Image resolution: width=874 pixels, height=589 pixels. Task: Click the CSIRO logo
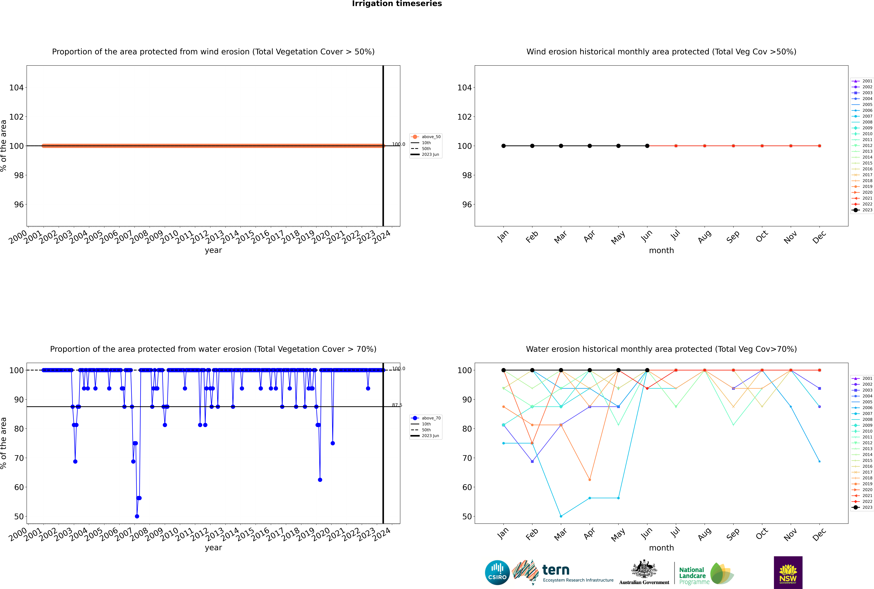(x=497, y=572)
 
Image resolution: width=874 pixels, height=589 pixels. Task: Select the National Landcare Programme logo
(x=706, y=574)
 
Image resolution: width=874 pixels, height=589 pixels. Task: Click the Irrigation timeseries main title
(x=397, y=4)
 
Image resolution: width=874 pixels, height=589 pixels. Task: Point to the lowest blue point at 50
(x=137, y=516)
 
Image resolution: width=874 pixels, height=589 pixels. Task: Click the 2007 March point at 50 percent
(x=561, y=516)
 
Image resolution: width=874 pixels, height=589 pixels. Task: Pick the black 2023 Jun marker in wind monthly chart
(x=647, y=146)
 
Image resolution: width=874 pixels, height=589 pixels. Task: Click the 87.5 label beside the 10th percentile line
(x=397, y=405)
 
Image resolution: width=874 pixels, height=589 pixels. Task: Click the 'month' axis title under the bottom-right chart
(x=661, y=548)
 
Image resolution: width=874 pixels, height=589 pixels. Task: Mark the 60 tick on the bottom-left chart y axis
(x=19, y=487)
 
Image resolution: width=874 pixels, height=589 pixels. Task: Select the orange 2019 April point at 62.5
(x=590, y=480)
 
